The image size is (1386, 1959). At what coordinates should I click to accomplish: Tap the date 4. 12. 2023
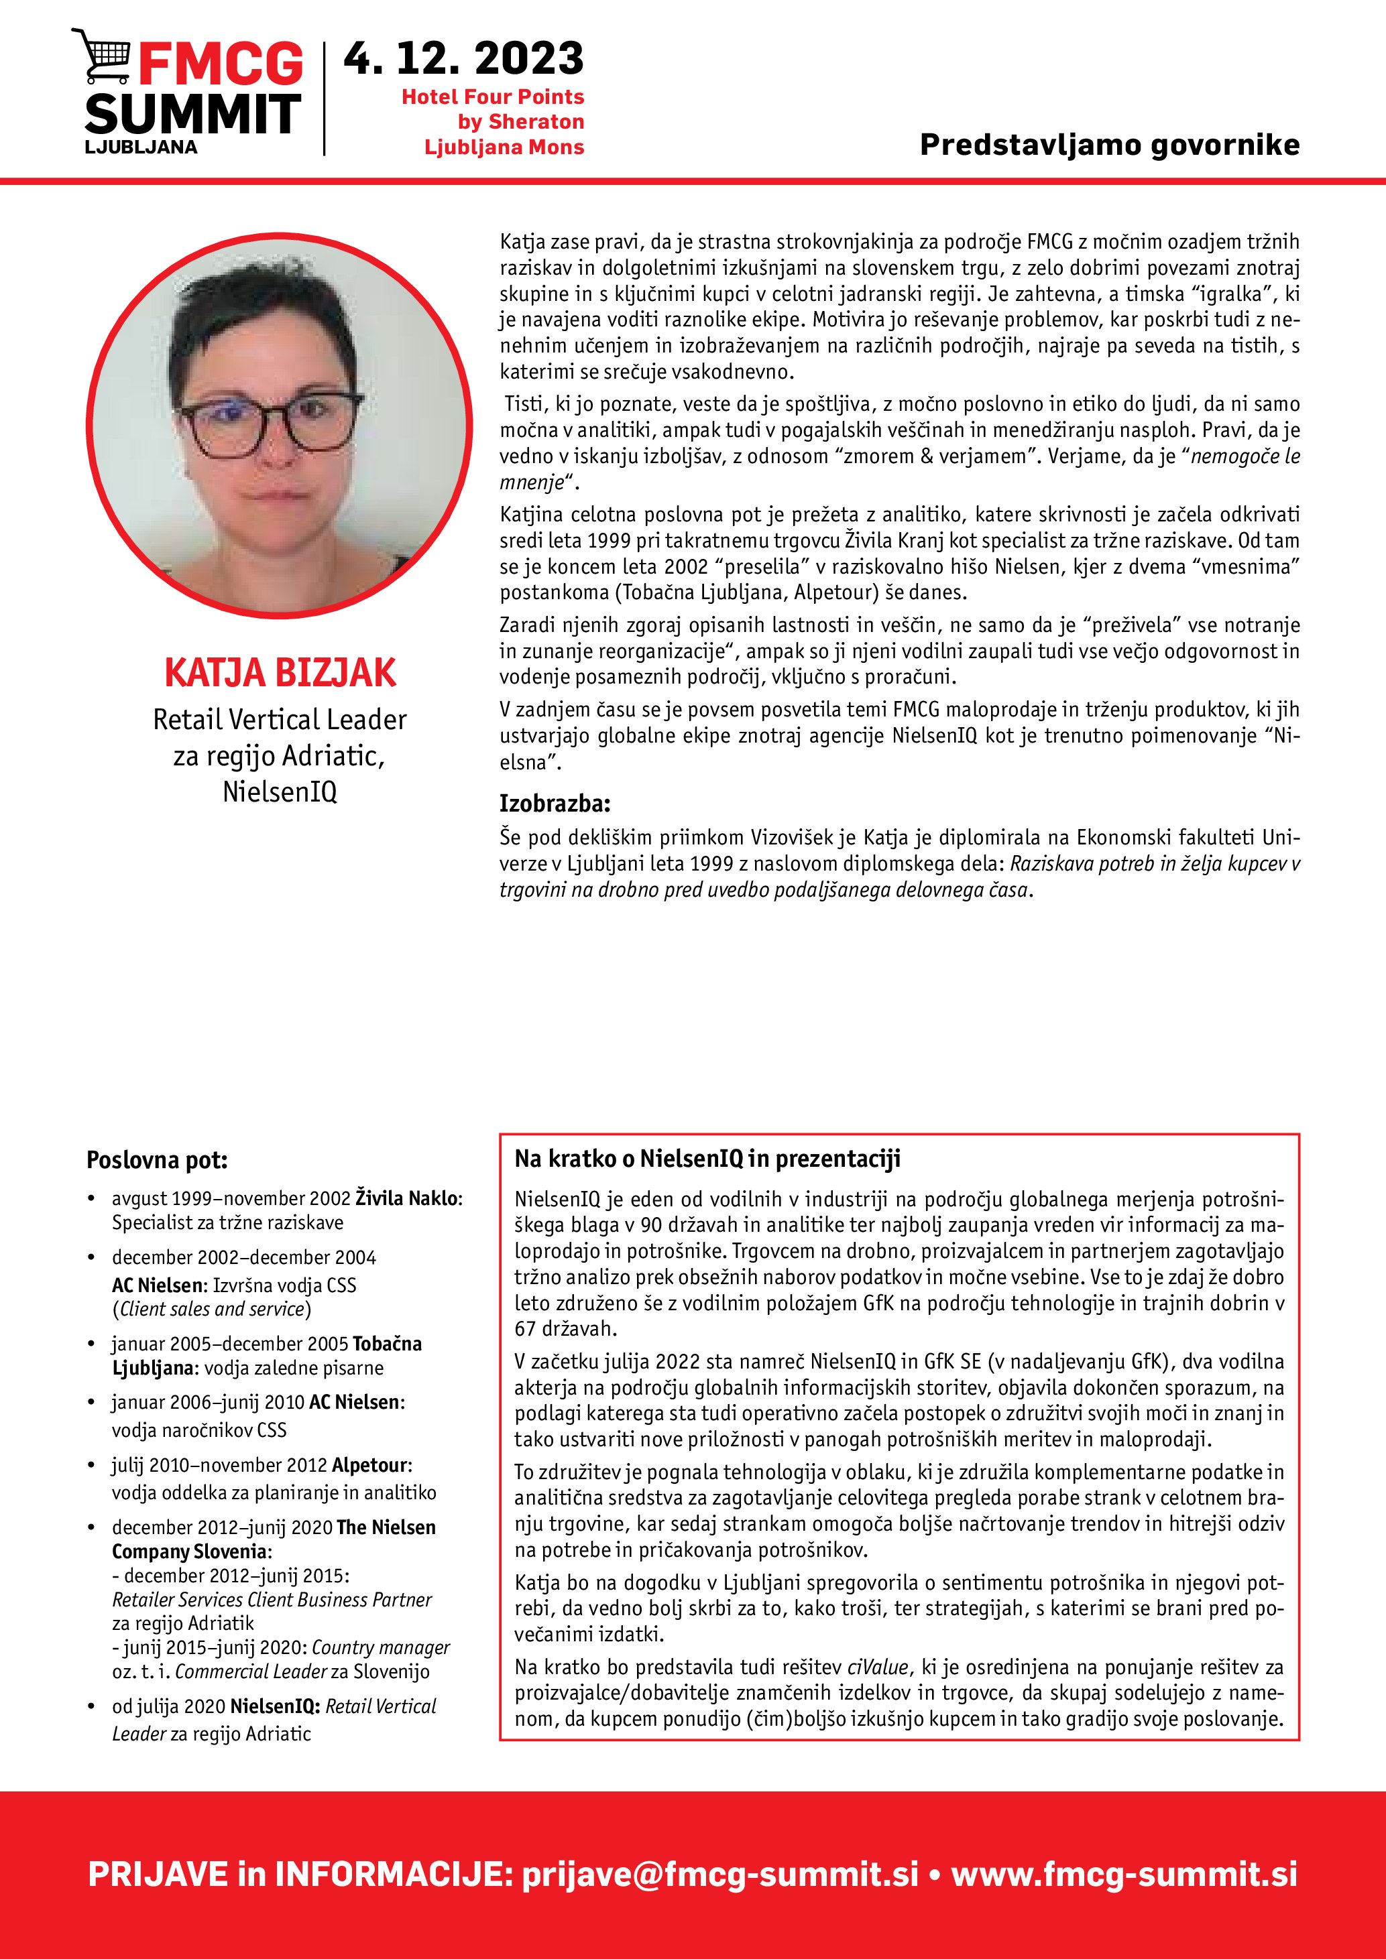[x=463, y=59]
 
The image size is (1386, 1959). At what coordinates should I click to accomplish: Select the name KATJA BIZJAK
[x=280, y=672]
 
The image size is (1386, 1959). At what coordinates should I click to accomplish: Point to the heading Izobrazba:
[x=555, y=803]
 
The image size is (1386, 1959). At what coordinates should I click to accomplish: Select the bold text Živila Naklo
[x=407, y=1198]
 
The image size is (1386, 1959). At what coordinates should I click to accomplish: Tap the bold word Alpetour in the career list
[x=370, y=1465]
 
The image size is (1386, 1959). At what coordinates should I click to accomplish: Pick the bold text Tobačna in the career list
[x=388, y=1344]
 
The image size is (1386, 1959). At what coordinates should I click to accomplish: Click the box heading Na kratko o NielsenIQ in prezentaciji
[x=707, y=1159]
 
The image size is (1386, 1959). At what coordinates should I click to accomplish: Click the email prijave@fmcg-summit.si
[x=720, y=1875]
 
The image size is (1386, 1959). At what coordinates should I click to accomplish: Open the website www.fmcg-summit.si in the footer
[x=1124, y=1875]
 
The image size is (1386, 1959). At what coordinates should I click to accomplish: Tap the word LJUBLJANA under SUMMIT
[x=141, y=147]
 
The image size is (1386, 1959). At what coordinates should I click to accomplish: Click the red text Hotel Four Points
[x=492, y=97]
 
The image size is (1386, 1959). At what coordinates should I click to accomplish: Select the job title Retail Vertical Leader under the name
[x=280, y=719]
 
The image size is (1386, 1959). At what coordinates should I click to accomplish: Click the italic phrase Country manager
[x=381, y=1647]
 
